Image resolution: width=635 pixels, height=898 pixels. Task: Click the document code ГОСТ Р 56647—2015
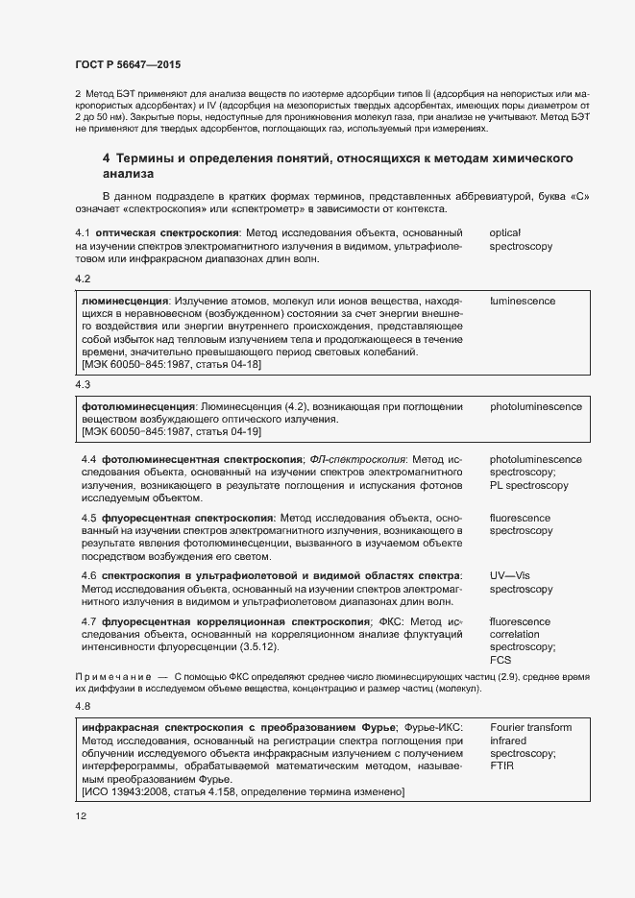click(128, 64)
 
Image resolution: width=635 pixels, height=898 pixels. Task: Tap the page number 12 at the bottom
click(81, 816)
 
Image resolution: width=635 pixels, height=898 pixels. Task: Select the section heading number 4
click(107, 158)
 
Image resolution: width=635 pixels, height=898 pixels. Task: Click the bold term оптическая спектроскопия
click(166, 232)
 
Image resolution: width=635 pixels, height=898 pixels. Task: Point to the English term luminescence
click(522, 301)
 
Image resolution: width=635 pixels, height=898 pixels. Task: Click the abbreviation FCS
click(501, 661)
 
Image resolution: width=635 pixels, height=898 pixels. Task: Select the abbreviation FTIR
click(502, 767)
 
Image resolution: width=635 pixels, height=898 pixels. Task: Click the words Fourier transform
click(530, 727)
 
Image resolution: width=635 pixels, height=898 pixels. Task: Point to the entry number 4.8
click(83, 707)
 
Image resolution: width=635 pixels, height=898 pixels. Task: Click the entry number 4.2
click(83, 279)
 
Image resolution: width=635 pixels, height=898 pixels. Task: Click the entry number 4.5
click(89, 518)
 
